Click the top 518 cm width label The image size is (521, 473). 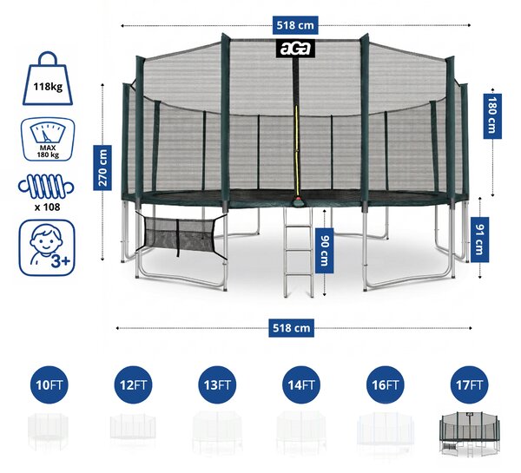point(295,25)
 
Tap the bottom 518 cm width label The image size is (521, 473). point(291,328)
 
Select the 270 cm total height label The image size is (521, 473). point(102,168)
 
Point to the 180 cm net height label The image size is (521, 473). point(492,115)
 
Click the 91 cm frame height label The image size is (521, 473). point(480,240)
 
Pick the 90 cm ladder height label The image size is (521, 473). point(324,251)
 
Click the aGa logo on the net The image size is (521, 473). point(295,49)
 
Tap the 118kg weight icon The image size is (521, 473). point(48,78)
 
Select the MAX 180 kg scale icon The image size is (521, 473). point(48,140)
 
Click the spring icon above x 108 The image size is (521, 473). point(46,187)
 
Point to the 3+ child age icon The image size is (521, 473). point(47,248)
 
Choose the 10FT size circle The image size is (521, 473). point(49,385)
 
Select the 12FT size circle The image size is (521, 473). point(133,385)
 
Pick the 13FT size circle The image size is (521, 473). point(217,385)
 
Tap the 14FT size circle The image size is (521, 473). point(301,385)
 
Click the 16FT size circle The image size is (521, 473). point(386,385)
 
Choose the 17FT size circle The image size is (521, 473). point(469,385)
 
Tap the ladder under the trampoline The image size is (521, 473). point(298,253)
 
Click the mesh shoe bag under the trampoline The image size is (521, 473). point(181,234)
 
